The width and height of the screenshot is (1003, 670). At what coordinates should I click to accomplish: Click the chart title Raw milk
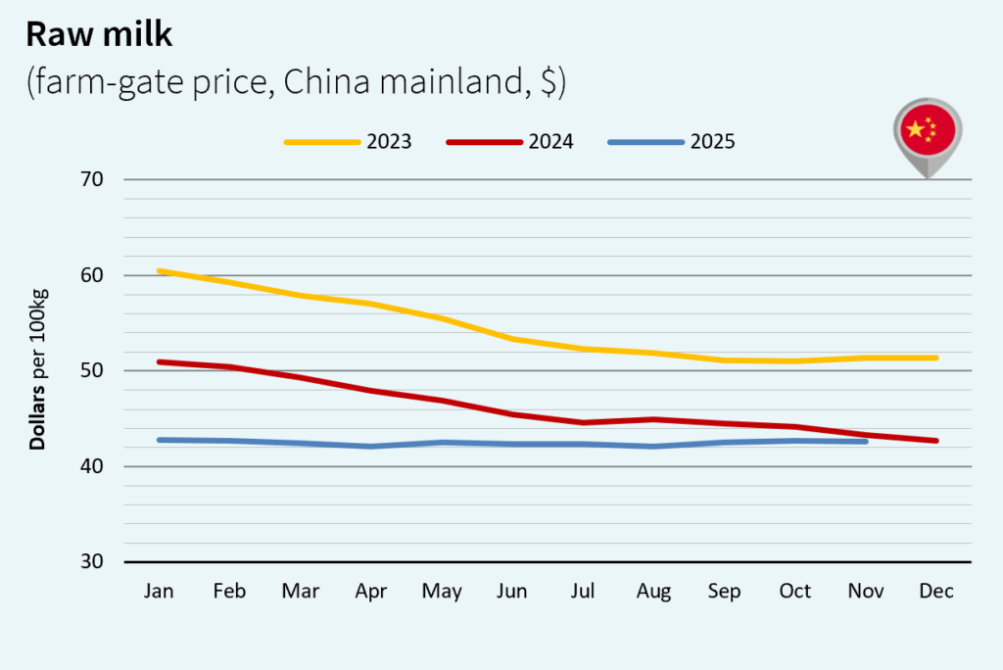click(x=99, y=34)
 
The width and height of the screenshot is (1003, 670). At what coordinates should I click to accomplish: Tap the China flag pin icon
click(x=927, y=133)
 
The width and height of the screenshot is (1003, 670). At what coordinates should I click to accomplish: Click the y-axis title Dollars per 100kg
click(x=38, y=371)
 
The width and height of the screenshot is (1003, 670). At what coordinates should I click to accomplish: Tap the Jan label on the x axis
click(x=159, y=592)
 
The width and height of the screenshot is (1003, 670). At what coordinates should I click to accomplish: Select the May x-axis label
click(x=442, y=592)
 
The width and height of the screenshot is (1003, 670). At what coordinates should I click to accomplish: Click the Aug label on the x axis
click(x=653, y=592)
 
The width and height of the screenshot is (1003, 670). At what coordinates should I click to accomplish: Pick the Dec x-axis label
click(x=936, y=592)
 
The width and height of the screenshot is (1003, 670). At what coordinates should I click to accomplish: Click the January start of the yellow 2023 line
click(x=160, y=271)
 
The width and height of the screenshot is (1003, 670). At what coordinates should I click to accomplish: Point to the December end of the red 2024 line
click(x=935, y=441)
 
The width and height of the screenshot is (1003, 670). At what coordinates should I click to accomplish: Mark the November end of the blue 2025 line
click(x=865, y=442)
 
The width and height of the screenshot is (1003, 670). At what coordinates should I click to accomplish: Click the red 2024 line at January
click(x=160, y=362)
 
